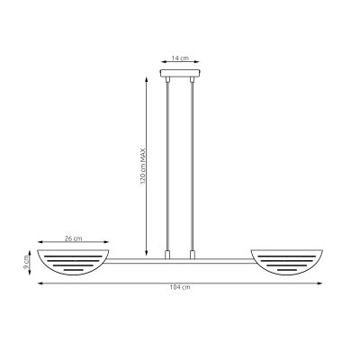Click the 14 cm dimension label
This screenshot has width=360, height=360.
pos(180,58)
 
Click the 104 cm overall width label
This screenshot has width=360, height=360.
pos(180,288)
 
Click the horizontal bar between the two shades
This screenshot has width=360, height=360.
pos(180,261)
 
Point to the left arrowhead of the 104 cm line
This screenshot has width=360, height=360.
pos(40,283)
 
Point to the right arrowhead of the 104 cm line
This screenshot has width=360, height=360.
pos(320,283)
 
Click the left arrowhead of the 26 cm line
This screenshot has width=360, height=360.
pos(40,245)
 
